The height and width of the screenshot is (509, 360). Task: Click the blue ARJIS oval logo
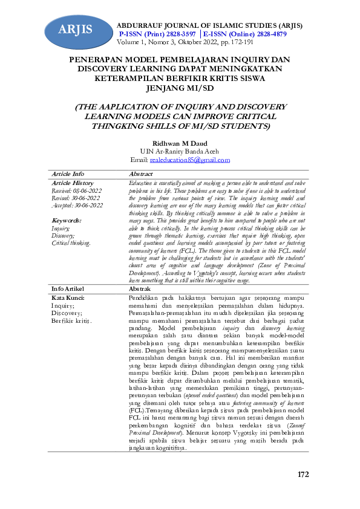[x=76, y=29]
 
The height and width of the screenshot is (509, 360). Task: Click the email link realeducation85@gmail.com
[x=189, y=160]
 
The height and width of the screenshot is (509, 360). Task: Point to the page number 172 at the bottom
[x=303, y=473]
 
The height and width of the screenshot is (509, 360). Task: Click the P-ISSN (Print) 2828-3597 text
[x=157, y=35]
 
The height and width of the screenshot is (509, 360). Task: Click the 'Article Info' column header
[x=68, y=174]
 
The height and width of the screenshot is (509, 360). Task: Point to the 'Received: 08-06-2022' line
[x=77, y=190]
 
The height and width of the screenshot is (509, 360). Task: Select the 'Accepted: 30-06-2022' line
[x=77, y=206]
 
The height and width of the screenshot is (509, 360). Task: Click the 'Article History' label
[x=73, y=183]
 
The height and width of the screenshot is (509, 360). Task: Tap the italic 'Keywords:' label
[x=67, y=221]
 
